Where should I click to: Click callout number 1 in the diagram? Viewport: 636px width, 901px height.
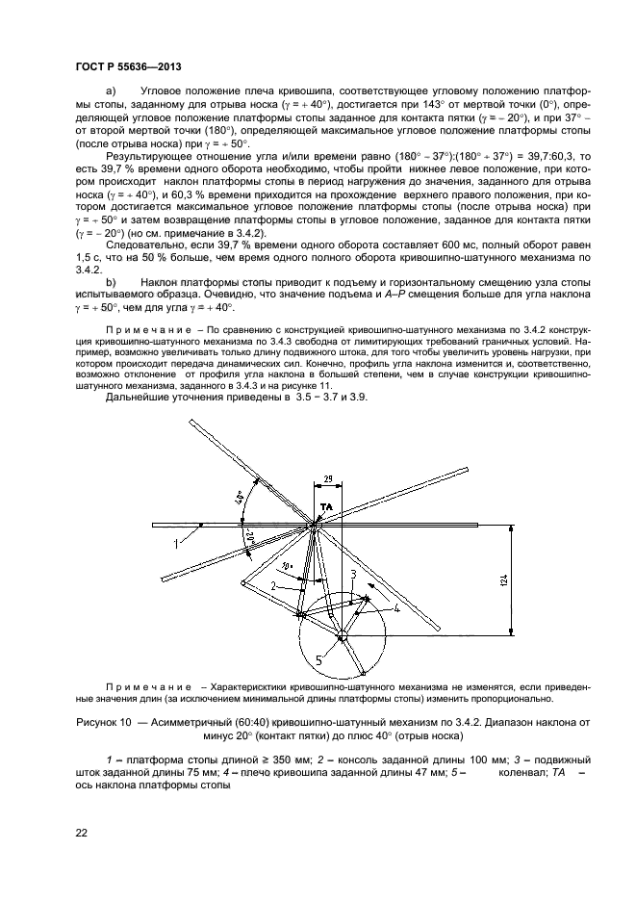click(x=177, y=544)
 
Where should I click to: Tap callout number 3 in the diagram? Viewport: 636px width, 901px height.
click(x=353, y=574)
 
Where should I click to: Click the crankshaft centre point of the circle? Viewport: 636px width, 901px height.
click(x=343, y=636)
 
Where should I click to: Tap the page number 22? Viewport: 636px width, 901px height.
click(x=82, y=833)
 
